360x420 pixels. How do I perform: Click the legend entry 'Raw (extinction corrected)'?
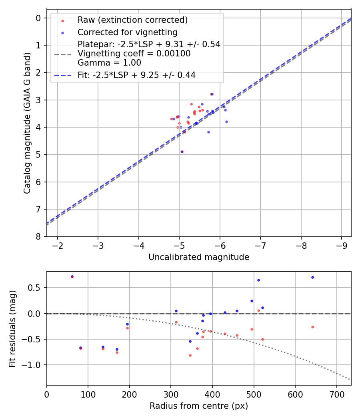tap(132, 20)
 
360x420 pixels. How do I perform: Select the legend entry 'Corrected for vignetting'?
tap(127, 32)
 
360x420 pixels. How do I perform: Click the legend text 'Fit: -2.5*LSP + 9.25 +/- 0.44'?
tap(136, 75)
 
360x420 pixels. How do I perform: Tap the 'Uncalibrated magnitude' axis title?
tap(199, 257)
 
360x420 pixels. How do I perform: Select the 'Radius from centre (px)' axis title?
tap(199, 406)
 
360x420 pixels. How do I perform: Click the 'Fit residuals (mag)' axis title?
tap(12, 328)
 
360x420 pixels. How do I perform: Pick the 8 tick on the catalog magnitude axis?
tap(38, 236)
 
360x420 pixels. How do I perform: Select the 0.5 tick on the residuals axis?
tap(38, 288)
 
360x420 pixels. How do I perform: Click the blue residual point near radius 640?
tap(312, 277)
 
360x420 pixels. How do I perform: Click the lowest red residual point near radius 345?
tap(190, 355)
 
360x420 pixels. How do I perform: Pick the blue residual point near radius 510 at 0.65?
tap(258, 280)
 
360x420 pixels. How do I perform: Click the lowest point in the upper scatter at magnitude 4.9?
tap(182, 152)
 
